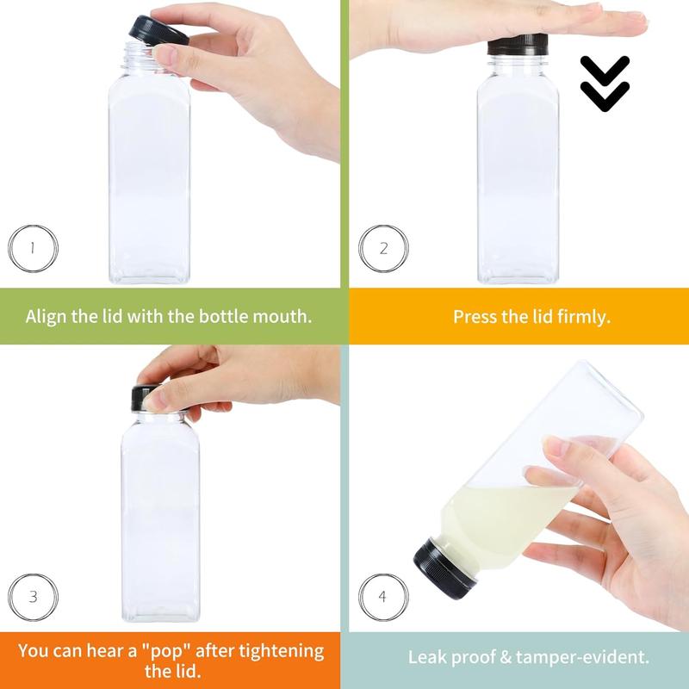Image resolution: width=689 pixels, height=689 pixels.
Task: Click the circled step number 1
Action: point(32,248)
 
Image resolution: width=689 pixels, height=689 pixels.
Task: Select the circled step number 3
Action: point(32,595)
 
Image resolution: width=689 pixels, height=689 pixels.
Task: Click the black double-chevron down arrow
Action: point(605,84)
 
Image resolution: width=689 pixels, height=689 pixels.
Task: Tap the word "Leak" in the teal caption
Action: point(428,658)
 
